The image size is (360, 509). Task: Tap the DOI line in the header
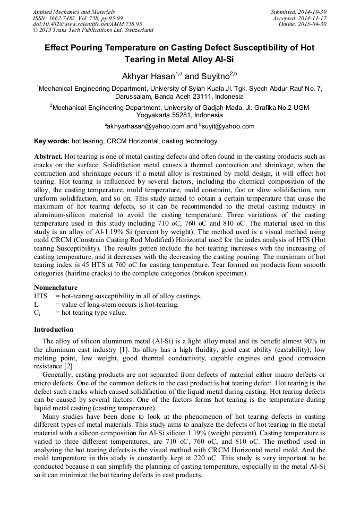click(88, 24)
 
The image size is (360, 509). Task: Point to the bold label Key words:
click(52, 141)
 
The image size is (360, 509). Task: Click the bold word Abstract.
click(49, 157)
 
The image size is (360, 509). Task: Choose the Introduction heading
click(54, 329)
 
